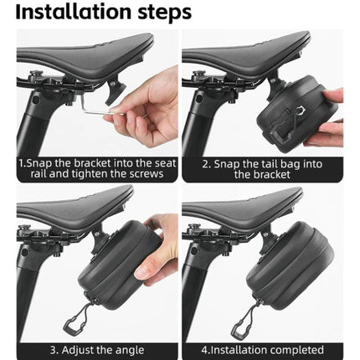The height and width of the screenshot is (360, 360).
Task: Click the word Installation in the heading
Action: [x=74, y=12]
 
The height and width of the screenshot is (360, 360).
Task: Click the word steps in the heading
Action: [x=165, y=13]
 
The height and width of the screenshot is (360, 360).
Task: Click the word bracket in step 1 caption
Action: [x=88, y=163]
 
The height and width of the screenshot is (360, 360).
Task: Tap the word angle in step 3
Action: [x=130, y=351]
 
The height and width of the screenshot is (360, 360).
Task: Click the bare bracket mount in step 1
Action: [x=116, y=90]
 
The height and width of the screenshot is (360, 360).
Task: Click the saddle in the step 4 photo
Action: [x=243, y=207]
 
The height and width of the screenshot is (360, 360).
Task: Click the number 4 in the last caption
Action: [x=204, y=350]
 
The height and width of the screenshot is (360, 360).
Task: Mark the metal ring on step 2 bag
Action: [x=301, y=111]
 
